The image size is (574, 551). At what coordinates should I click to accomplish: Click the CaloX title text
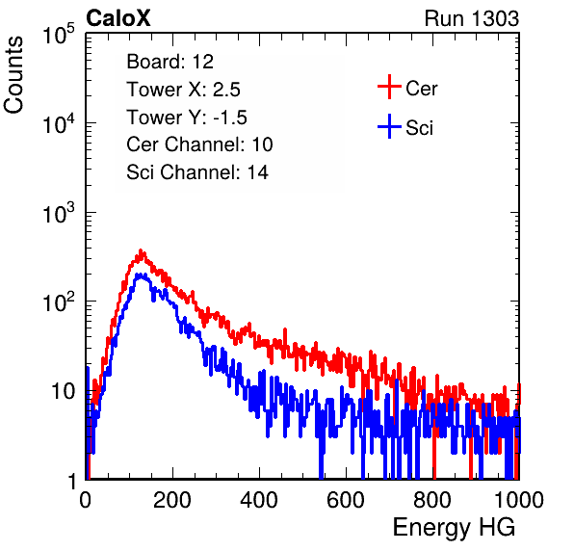(117, 18)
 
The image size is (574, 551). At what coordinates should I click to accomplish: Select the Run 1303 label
(472, 18)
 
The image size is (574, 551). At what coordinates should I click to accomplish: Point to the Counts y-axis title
(13, 75)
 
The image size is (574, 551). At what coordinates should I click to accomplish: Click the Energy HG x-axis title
(454, 528)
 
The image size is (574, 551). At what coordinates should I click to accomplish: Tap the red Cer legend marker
(389, 87)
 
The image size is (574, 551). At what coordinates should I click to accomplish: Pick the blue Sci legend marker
(389, 126)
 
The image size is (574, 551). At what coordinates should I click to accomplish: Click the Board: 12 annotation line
(170, 62)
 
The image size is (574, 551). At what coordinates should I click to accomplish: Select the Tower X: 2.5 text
(183, 90)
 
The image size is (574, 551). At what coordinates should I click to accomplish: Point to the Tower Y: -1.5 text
(187, 118)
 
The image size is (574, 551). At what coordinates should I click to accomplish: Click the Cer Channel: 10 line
(199, 144)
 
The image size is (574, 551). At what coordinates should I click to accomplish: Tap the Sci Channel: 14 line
(197, 172)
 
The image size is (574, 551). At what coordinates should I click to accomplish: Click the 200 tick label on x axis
(172, 500)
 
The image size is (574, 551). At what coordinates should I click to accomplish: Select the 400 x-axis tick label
(259, 500)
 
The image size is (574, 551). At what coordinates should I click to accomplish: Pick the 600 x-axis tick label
(346, 500)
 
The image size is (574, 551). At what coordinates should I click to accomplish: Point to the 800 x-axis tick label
(432, 500)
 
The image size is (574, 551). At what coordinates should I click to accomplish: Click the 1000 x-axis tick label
(519, 500)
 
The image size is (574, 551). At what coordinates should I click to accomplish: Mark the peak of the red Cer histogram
(141, 251)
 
